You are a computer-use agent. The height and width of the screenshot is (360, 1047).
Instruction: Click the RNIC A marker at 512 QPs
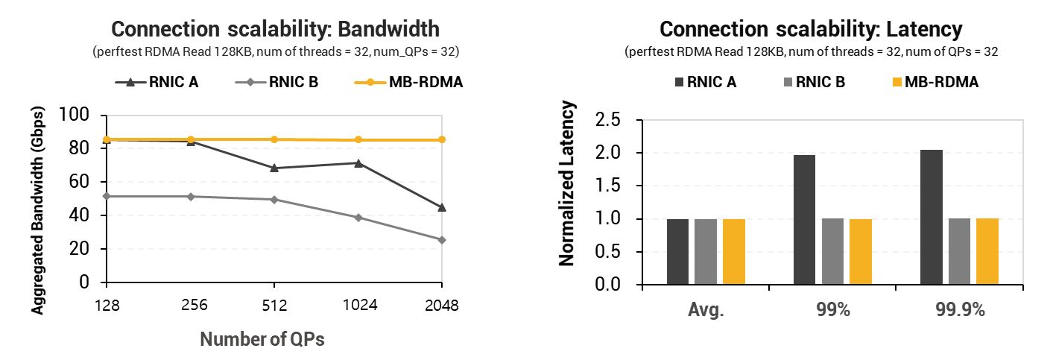point(274,168)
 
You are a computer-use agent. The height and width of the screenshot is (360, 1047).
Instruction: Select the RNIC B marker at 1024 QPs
point(358,218)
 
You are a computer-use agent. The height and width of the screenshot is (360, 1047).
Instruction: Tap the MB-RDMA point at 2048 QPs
point(442,139)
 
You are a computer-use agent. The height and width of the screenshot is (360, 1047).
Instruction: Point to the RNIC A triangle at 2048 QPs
point(442,207)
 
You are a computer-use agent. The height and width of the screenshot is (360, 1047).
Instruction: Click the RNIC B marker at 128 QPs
point(107,196)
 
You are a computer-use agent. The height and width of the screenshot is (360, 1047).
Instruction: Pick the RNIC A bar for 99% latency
point(804,220)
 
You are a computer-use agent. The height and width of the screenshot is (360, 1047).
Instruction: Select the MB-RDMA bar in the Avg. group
point(734,251)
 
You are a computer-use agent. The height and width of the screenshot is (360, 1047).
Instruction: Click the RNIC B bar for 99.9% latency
point(959,251)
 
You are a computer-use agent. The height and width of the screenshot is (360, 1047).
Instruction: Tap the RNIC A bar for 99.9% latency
point(931,218)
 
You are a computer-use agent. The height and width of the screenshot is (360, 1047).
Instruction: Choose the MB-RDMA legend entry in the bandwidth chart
point(409,82)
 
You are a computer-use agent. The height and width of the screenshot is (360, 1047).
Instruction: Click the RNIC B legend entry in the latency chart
point(814,82)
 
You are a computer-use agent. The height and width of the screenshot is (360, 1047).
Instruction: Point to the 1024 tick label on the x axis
point(360,306)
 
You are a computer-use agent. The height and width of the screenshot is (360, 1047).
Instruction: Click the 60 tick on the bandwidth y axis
point(79,181)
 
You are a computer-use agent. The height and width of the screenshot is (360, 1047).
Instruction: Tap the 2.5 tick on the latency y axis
point(607,120)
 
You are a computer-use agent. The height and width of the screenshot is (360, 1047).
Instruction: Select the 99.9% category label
point(960,309)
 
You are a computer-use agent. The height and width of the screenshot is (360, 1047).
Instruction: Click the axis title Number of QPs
point(262,339)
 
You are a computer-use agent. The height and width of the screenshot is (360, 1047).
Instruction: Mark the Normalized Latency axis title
point(566,183)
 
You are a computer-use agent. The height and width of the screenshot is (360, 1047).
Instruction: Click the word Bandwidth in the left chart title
point(388,29)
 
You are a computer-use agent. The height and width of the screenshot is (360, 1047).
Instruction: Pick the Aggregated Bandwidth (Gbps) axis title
point(37,210)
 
